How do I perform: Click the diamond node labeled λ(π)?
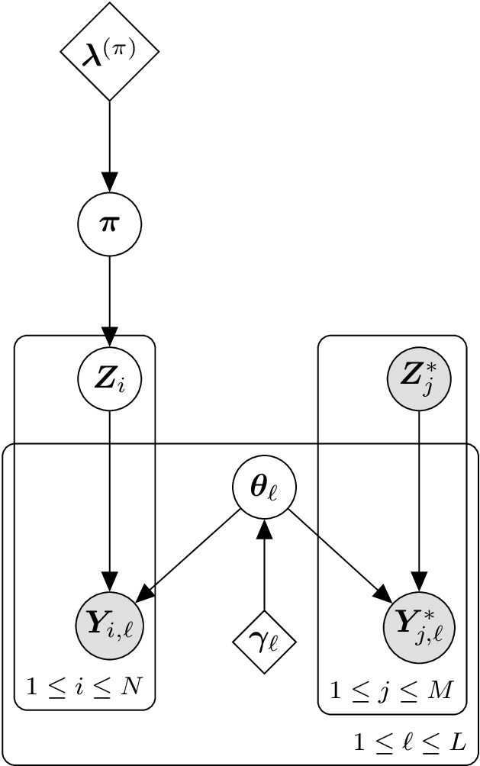pyautogui.click(x=110, y=51)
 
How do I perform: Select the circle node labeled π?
pyautogui.click(x=110, y=224)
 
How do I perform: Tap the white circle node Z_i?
pyautogui.click(x=110, y=378)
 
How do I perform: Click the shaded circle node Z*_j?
pyautogui.click(x=418, y=378)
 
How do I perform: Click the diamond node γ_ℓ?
pyautogui.click(x=264, y=642)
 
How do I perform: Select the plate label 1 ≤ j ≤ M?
pyautogui.click(x=391, y=691)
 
